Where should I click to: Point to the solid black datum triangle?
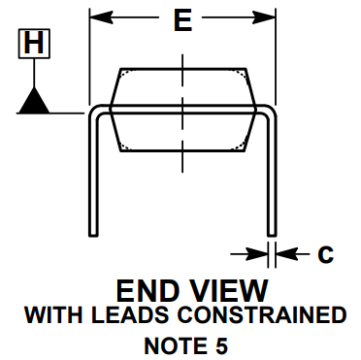(35, 100)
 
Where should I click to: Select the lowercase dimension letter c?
(326, 254)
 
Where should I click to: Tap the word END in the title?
(146, 290)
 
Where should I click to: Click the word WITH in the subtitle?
(51, 315)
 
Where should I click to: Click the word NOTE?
(172, 344)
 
